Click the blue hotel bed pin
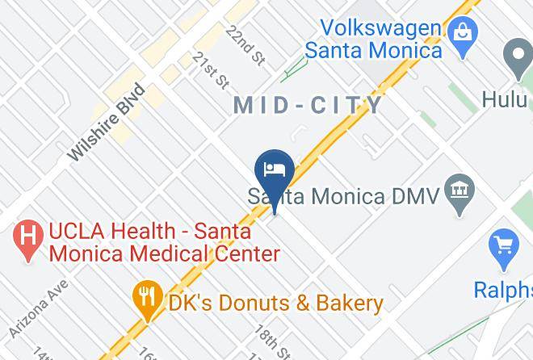[275, 171]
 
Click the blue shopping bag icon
[464, 35]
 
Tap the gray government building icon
[461, 191]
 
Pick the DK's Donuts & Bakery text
[275, 303]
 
